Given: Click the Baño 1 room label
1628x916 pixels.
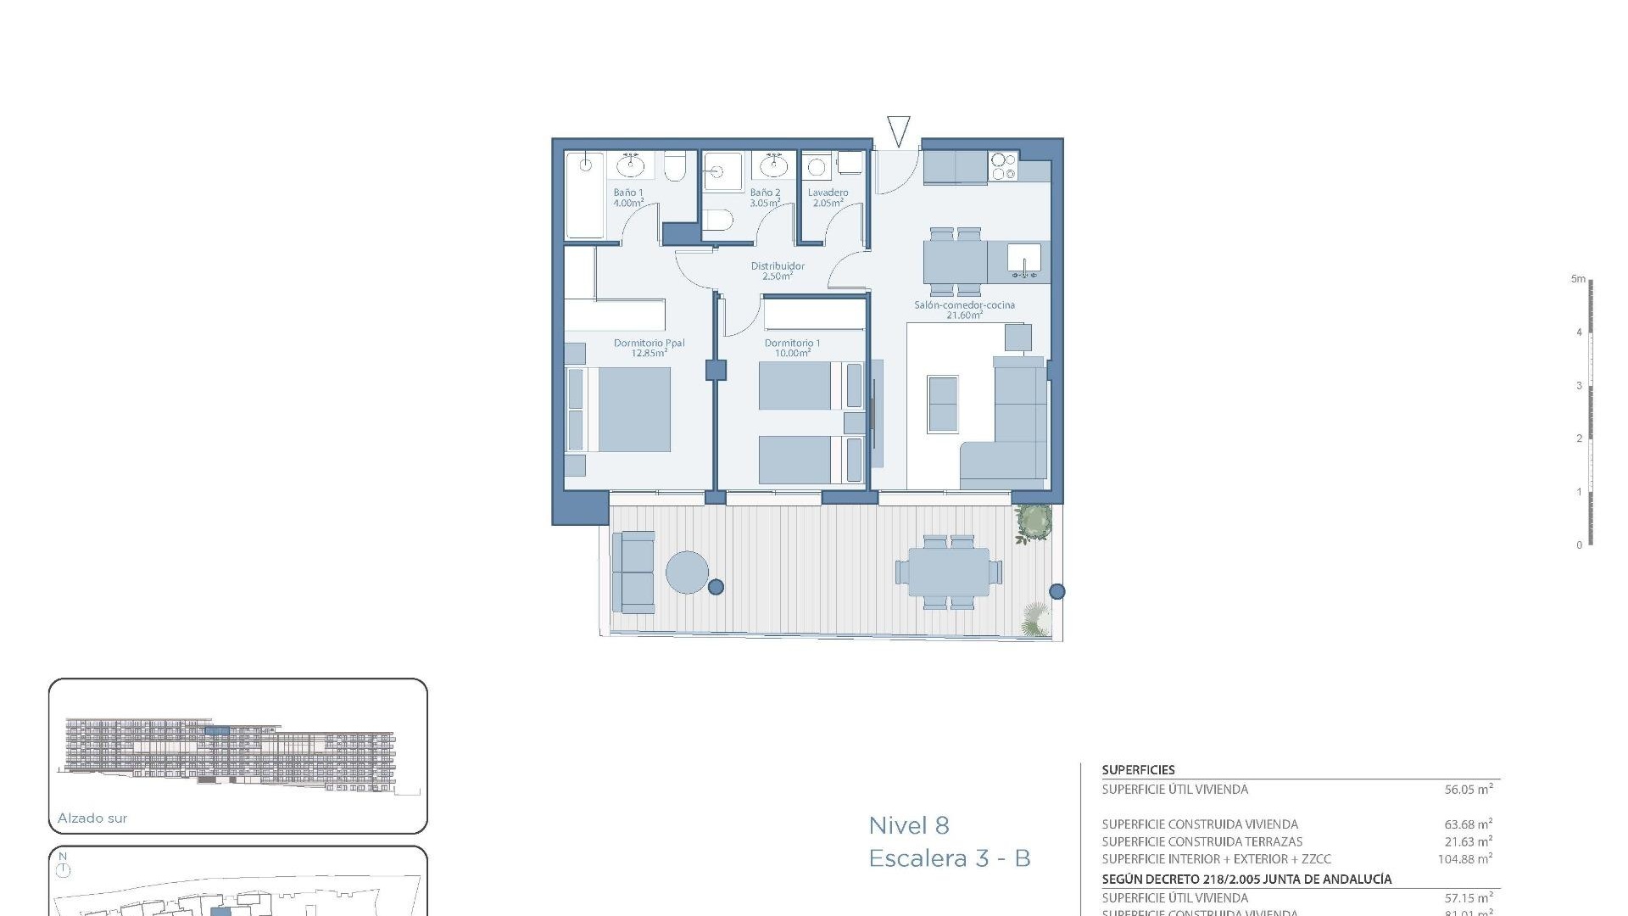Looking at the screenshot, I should tap(628, 193).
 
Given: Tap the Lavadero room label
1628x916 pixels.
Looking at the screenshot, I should tap(828, 193).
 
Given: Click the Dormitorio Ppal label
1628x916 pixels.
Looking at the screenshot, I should tap(649, 343).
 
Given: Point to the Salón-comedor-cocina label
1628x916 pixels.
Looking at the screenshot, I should tap(964, 305).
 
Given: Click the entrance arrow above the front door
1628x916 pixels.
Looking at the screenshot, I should tap(898, 131).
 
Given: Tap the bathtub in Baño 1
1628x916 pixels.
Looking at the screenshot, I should tap(584, 195).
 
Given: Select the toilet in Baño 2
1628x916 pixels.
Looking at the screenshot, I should tap(718, 220).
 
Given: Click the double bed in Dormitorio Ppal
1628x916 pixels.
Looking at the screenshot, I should tap(632, 409).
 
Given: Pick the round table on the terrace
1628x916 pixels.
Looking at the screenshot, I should tap(687, 572).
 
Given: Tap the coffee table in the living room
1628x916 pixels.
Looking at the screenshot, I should tap(943, 405).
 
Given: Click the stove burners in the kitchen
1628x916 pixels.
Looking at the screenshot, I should tap(1003, 166).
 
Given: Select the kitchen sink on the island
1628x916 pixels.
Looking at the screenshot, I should tap(1024, 258).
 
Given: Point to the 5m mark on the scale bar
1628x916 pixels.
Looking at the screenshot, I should tap(1578, 279).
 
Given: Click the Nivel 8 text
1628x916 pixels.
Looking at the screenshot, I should tap(908, 825).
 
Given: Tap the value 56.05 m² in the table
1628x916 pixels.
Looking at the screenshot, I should tap(1468, 790).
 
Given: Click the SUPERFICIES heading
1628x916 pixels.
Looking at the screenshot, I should tap(1138, 770).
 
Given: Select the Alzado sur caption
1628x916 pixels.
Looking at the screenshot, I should tap(92, 818).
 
